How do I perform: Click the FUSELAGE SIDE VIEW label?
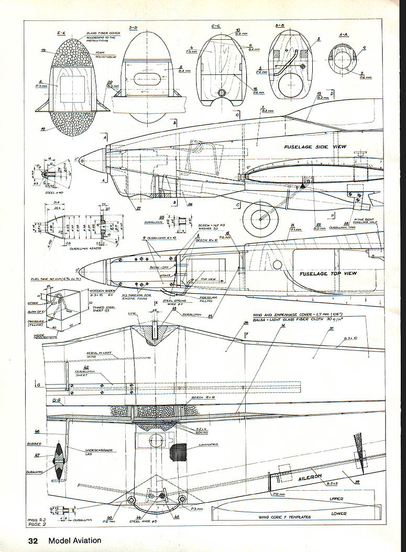[x=314, y=147]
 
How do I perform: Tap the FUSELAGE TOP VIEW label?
[x=327, y=274]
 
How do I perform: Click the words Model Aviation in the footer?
[x=75, y=540]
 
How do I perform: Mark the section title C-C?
[x=217, y=26]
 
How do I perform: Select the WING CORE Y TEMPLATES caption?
[x=285, y=517]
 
